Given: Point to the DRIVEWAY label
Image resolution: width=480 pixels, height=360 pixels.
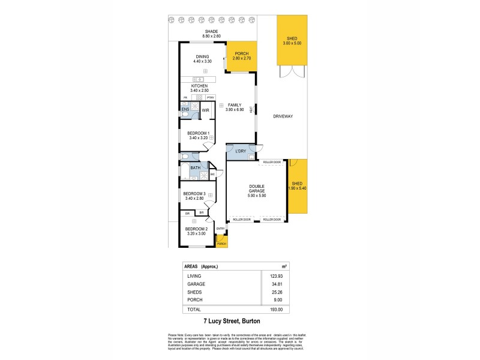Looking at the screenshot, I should point(283,116).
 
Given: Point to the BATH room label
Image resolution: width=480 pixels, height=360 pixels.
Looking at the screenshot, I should point(195,168).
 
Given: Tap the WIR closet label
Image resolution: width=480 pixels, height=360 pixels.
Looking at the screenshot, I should point(205,110).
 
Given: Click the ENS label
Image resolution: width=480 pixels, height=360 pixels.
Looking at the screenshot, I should point(185,109).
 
